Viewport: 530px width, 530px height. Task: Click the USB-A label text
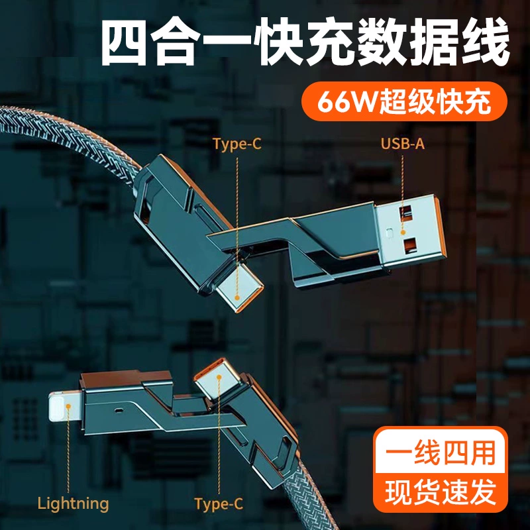(402, 144)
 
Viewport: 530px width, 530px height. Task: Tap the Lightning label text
(73, 503)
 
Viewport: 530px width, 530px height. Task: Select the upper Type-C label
(237, 144)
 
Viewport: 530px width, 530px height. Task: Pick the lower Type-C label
(219, 503)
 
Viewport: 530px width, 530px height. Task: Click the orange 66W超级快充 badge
(404, 101)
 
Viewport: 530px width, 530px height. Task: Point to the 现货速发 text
(440, 492)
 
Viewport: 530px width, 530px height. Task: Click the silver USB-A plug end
(409, 230)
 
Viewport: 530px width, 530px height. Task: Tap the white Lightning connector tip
(65, 407)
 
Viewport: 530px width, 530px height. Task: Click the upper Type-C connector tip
(240, 290)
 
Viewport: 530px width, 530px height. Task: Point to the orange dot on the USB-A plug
(403, 233)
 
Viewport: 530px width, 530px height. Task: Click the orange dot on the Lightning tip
(68, 406)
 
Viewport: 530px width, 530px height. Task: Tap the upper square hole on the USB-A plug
(405, 213)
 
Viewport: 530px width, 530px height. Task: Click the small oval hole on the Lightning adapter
(119, 411)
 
